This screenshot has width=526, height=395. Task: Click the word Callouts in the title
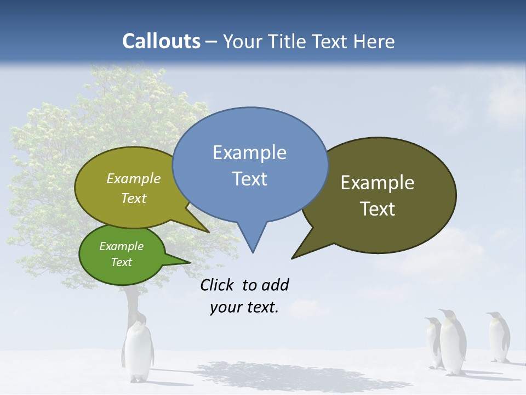[x=161, y=41]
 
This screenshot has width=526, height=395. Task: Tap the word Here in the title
[x=374, y=41]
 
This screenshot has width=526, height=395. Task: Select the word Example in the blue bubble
[x=249, y=152]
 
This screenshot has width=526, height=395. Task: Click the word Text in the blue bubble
[x=249, y=178]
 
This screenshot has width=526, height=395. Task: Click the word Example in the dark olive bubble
[x=378, y=182]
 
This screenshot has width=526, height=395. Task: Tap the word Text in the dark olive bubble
[x=378, y=208]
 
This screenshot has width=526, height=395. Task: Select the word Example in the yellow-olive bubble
[x=134, y=178]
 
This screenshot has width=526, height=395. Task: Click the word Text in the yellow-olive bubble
[x=134, y=198]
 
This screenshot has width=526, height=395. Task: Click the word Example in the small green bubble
[x=121, y=246]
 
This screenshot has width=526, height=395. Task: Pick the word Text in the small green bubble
[x=121, y=262]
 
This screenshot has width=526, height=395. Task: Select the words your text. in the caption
[x=244, y=307]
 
